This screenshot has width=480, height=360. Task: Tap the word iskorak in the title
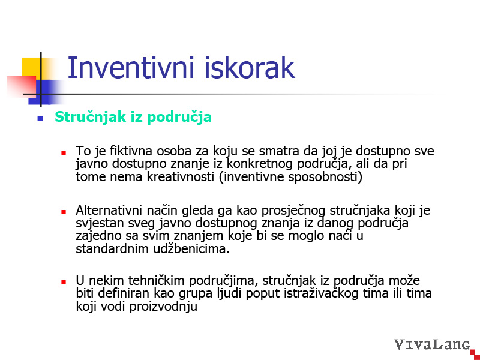(248, 67)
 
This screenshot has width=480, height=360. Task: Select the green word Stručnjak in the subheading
(91, 117)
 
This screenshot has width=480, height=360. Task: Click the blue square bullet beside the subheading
(40, 118)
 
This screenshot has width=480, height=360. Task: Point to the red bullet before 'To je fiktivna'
(64, 152)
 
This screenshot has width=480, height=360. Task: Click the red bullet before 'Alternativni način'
(64, 212)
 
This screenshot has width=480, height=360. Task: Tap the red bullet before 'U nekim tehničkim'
(64, 282)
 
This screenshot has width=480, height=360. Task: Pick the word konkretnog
(260, 164)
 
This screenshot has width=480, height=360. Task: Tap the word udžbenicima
(191, 248)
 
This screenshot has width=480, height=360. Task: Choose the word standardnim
(112, 248)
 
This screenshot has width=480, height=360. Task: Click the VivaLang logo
(432, 344)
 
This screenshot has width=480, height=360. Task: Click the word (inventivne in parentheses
(251, 177)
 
